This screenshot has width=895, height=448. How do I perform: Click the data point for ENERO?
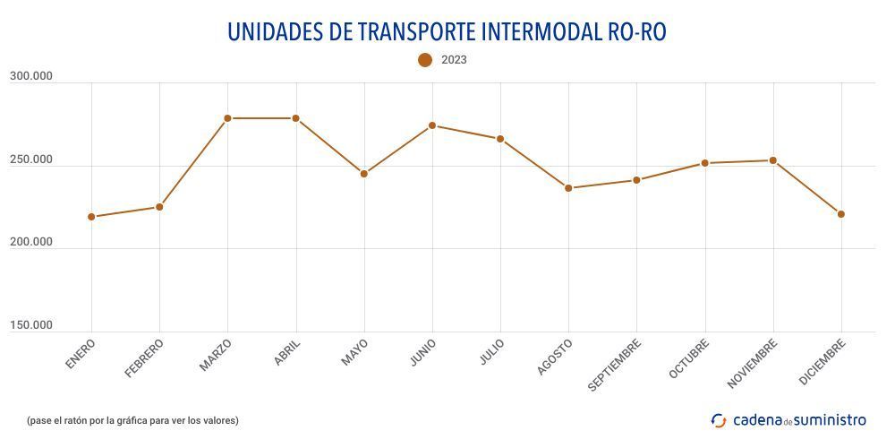click(x=91, y=217)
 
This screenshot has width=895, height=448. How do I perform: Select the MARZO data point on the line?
click(x=227, y=118)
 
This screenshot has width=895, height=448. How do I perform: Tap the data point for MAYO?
click(x=364, y=174)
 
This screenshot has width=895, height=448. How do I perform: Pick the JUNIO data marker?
click(x=432, y=125)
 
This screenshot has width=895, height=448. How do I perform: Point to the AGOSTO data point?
click(x=568, y=188)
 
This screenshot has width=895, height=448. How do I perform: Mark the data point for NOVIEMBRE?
click(x=772, y=160)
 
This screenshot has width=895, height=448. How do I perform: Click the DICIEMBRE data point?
click(x=841, y=214)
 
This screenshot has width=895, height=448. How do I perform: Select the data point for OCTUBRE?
click(x=704, y=163)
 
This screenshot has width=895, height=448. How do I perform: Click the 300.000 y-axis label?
click(x=31, y=77)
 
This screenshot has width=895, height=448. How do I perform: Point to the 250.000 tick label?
click(x=31, y=160)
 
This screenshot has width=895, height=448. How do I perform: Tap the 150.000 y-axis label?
click(x=31, y=326)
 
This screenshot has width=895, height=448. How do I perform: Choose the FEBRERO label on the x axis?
click(x=145, y=358)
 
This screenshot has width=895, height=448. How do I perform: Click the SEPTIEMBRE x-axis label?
click(x=615, y=365)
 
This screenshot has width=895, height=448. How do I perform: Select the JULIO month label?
click(x=491, y=352)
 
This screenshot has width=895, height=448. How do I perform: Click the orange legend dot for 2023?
click(x=425, y=60)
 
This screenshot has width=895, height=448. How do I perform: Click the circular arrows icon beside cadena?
click(x=719, y=420)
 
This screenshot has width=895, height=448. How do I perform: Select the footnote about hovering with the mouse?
click(x=132, y=420)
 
